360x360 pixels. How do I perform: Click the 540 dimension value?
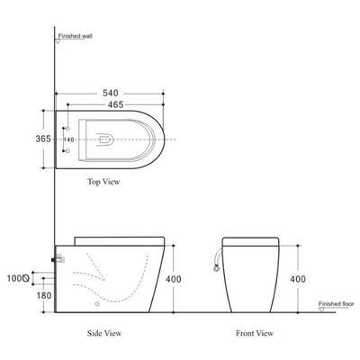pos(111,93)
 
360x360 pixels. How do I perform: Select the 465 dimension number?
pos(115,104)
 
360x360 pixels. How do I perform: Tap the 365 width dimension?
pos(43,139)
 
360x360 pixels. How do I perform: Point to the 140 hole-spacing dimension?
pos(68,139)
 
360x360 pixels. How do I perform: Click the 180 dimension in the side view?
pos(44,296)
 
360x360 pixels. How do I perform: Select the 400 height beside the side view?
pos(174,279)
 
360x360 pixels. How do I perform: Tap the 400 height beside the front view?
pos(298,279)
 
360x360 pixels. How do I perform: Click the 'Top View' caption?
pos(103,182)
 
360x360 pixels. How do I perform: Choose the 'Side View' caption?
pos(104,333)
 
